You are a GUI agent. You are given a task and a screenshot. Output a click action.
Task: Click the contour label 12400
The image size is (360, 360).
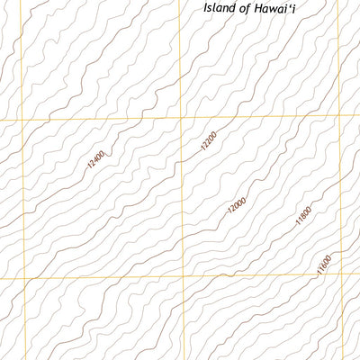(96, 159)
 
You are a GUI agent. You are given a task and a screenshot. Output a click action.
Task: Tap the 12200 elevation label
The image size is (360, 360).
(209, 142)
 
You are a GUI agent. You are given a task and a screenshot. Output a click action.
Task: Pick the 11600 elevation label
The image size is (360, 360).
(324, 267)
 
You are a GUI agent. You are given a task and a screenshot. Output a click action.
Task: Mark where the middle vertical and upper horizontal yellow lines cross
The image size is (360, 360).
(181, 118)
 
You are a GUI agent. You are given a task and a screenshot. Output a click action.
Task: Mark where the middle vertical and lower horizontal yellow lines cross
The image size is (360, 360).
(184, 278)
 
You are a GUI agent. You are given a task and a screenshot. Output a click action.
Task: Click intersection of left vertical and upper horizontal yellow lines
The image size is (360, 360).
(21, 121)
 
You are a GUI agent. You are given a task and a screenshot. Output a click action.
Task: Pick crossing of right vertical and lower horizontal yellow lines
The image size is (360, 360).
(344, 276)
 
